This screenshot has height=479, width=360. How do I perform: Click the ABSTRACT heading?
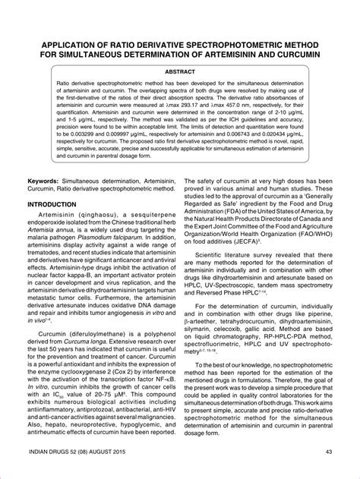[x=179, y=71]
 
